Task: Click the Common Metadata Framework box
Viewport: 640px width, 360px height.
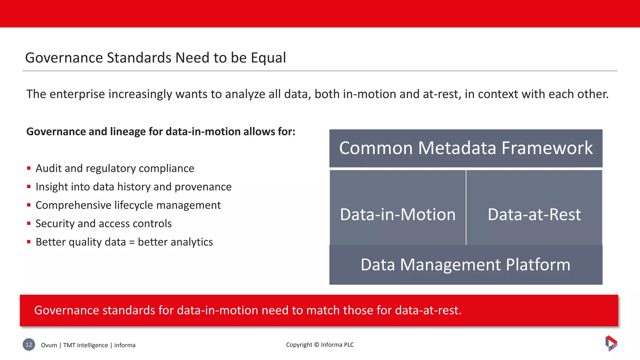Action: pyautogui.click(x=466, y=148)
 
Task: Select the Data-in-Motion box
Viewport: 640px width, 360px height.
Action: pyautogui.click(x=397, y=207)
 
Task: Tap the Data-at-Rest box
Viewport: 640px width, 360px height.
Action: pyautogui.click(x=534, y=207)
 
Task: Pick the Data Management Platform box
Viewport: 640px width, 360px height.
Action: pyautogui.click(x=466, y=265)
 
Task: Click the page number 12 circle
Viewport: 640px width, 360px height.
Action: pyautogui.click(x=29, y=345)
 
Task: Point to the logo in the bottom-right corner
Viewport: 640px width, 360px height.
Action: pyautogui.click(x=611, y=343)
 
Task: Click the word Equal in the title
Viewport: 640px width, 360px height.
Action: pyautogui.click(x=268, y=58)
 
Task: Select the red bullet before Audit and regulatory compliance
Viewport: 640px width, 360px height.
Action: pyautogui.click(x=29, y=168)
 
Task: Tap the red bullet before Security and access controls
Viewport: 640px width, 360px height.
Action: pyautogui.click(x=29, y=223)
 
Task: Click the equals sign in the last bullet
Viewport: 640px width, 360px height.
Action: pyautogui.click(x=132, y=242)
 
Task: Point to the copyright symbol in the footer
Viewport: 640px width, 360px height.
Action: pyautogui.click(x=317, y=345)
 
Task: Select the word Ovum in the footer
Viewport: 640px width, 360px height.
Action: pyautogui.click(x=49, y=345)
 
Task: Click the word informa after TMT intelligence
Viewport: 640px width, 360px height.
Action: pyautogui.click(x=125, y=345)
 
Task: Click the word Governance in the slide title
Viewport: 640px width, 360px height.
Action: pyautogui.click(x=64, y=58)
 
